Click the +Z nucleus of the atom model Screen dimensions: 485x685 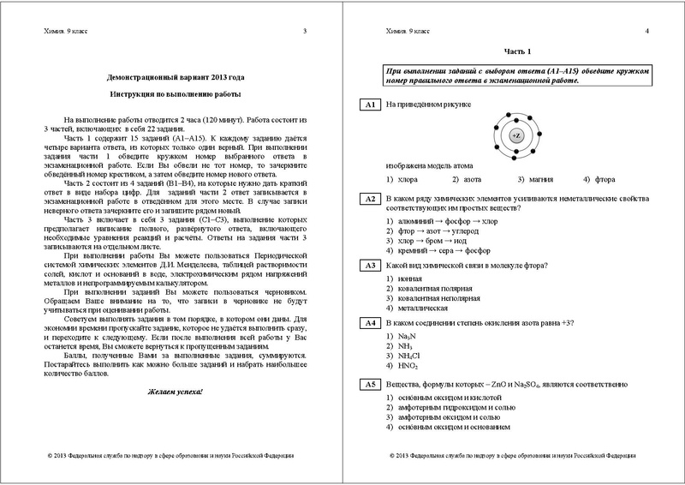click(x=515, y=135)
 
